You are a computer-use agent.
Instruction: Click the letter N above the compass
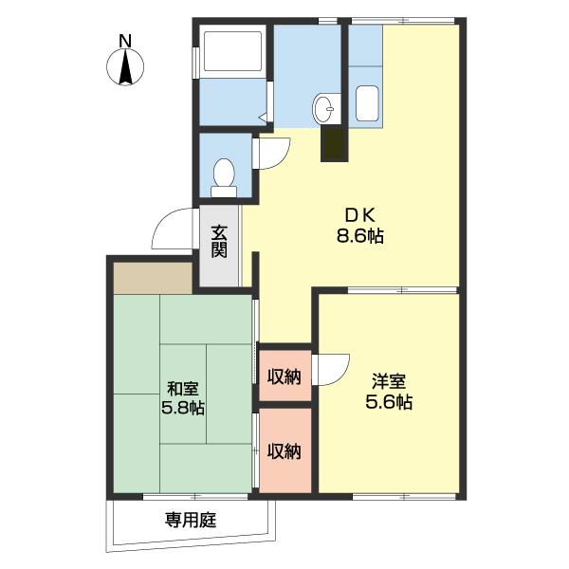(123, 41)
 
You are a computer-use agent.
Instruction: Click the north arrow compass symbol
(123, 68)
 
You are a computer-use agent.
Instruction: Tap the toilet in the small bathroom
(224, 175)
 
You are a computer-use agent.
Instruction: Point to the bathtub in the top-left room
(232, 53)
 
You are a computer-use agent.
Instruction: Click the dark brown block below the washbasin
(334, 143)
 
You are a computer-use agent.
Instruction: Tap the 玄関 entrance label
(219, 241)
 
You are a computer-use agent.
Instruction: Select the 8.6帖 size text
(358, 237)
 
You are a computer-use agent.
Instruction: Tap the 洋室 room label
(389, 381)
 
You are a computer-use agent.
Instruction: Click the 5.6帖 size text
(389, 403)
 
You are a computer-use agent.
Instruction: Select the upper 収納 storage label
(284, 376)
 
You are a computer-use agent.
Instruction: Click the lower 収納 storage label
(284, 450)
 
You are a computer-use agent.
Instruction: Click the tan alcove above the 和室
(153, 277)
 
